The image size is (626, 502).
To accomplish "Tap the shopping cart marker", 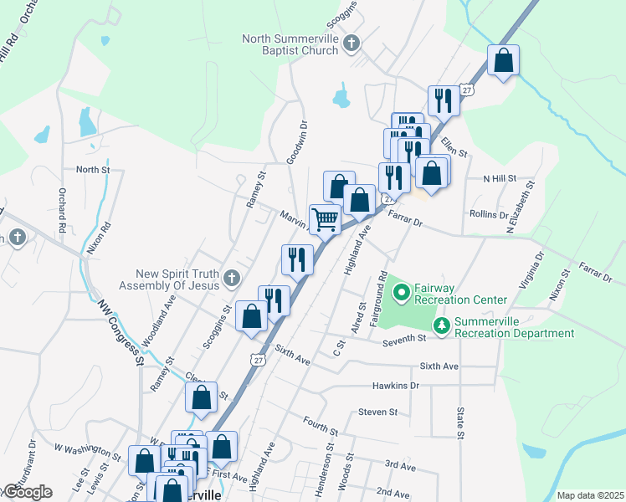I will [325, 220].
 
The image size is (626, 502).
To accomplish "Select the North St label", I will [93, 170].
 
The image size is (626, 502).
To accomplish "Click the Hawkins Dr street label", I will [396, 386].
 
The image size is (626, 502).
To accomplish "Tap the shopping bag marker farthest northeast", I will [504, 61].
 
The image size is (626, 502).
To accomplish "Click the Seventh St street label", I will [405, 341].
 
